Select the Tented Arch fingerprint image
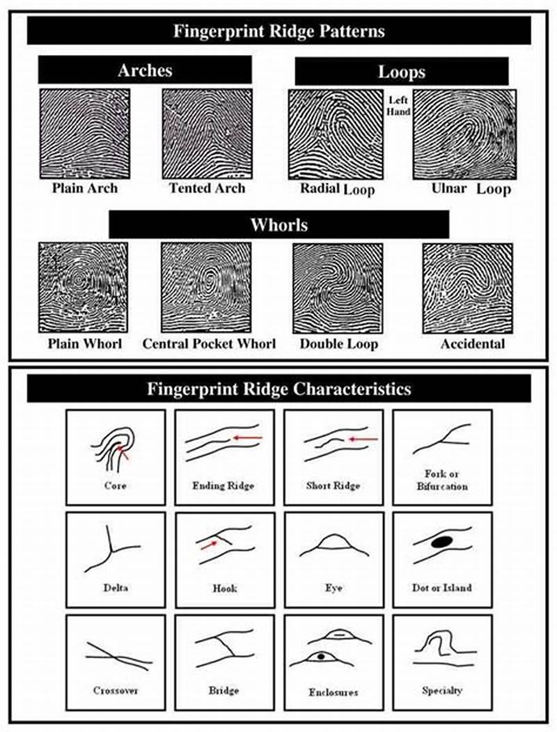pyautogui.click(x=206, y=133)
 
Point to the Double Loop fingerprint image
pyautogui.click(x=337, y=287)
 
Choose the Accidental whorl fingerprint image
pyautogui.click(x=467, y=287)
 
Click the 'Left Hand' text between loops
pyautogui.click(x=398, y=106)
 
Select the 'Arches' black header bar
pyautogui.click(x=145, y=70)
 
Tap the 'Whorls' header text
pyautogui.click(x=278, y=225)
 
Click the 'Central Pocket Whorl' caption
pyautogui.click(x=209, y=344)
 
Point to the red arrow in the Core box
pyautogui.click(x=125, y=455)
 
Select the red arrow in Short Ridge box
pyautogui.click(x=363, y=439)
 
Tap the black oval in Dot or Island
pyautogui.click(x=440, y=542)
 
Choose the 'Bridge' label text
pyautogui.click(x=223, y=690)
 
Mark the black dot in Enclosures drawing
pyautogui.click(x=320, y=657)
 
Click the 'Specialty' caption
pyautogui.click(x=442, y=690)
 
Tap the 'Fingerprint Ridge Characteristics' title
pyautogui.click(x=278, y=389)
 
